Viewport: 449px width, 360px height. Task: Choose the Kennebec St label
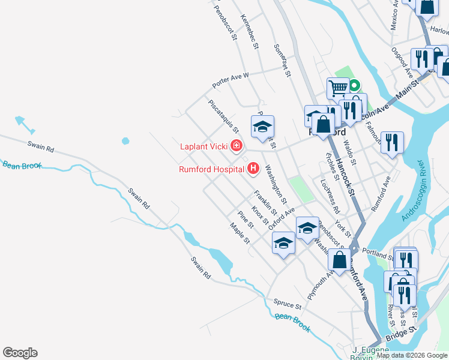click(250, 32)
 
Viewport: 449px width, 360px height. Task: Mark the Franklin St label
click(265, 203)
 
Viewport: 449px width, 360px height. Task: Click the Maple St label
click(240, 233)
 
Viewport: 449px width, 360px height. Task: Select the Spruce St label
click(286, 302)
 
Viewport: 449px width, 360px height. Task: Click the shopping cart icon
click(338, 88)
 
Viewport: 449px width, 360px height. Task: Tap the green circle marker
click(354, 85)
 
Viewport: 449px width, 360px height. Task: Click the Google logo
click(20, 353)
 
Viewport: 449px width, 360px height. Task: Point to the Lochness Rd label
click(330, 196)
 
